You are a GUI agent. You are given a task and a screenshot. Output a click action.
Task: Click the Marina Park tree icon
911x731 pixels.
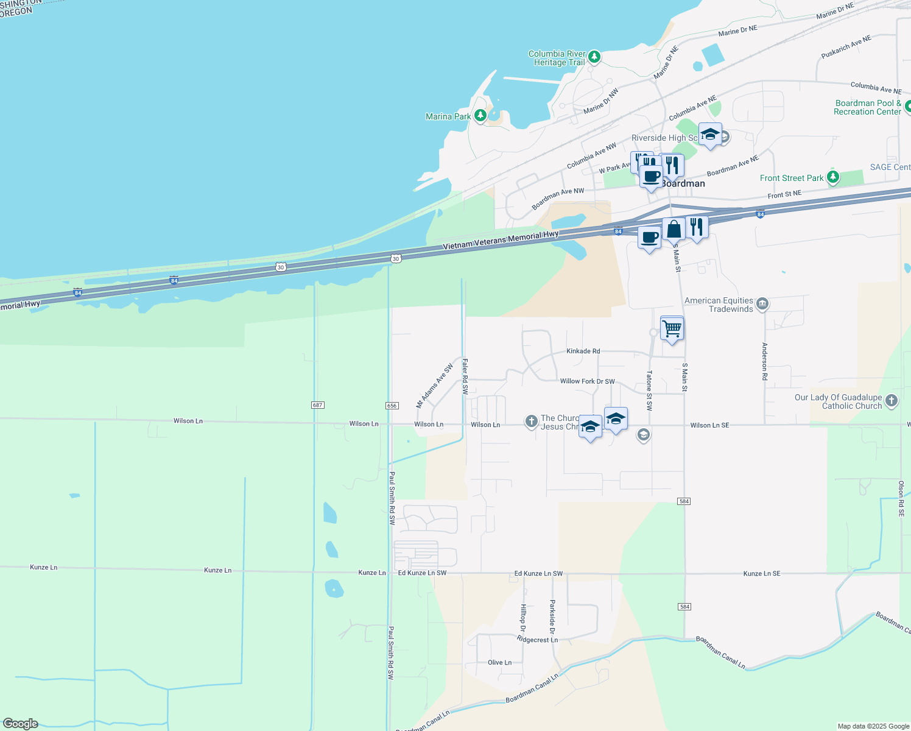(x=480, y=115)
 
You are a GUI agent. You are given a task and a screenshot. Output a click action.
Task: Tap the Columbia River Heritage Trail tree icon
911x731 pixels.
(x=594, y=57)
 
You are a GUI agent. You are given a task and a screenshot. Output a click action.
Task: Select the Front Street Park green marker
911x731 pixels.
(x=833, y=177)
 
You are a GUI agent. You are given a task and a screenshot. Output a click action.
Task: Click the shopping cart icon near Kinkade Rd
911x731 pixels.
(x=672, y=329)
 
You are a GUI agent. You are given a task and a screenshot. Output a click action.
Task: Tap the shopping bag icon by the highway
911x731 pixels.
(x=674, y=230)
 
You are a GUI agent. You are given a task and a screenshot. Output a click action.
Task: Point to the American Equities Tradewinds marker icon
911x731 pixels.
(x=762, y=303)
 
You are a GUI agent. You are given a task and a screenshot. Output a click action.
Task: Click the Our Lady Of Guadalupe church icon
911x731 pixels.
(x=892, y=401)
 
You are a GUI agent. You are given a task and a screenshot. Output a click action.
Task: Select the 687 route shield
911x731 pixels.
(x=317, y=405)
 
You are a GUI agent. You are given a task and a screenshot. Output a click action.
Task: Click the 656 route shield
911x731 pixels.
(x=392, y=406)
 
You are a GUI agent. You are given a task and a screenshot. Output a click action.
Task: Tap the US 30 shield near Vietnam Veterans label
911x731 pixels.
(x=396, y=259)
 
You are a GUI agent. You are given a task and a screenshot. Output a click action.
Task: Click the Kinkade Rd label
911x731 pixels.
(x=583, y=351)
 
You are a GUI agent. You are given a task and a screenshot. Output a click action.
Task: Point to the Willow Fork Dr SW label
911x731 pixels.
(x=587, y=381)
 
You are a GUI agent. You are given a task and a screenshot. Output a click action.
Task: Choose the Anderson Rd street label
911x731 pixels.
(x=765, y=361)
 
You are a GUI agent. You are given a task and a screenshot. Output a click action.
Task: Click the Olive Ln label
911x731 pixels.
(x=499, y=663)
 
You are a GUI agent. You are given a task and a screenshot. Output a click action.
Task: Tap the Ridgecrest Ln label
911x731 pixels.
(x=537, y=640)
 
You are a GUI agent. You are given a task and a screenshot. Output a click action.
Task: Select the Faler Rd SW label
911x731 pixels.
(x=465, y=376)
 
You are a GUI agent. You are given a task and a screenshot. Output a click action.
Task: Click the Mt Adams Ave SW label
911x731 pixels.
(x=435, y=386)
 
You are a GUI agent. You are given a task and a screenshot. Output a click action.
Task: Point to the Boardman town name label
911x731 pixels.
(x=683, y=184)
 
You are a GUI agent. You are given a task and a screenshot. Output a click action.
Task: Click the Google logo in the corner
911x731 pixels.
(x=21, y=724)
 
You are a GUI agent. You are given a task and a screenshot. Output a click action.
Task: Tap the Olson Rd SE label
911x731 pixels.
(x=901, y=499)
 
